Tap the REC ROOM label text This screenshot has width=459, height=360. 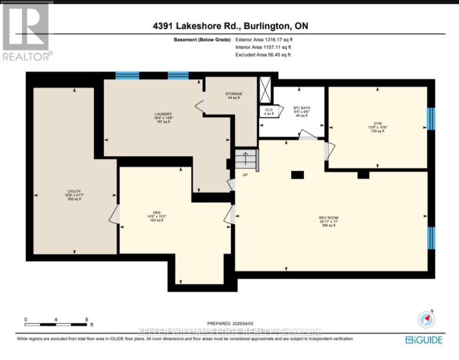329,221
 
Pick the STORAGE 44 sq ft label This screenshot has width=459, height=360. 233,96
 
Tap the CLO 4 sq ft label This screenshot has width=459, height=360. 269,112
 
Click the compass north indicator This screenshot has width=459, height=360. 427,320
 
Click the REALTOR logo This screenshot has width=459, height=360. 26,32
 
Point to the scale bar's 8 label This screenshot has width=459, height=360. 87,319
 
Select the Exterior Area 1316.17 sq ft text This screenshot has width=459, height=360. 263,40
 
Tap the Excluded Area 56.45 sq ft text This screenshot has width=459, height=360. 263,55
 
